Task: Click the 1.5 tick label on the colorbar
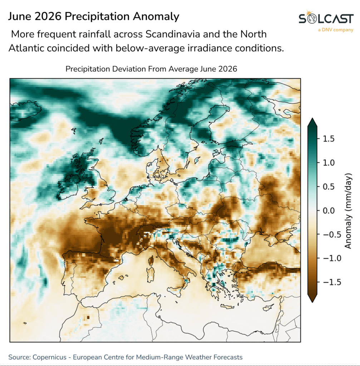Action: coord(329,139)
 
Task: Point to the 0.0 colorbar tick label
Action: coord(329,211)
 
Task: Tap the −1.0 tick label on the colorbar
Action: coord(332,258)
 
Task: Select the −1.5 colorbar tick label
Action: coord(332,282)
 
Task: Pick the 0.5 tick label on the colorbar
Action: coord(329,187)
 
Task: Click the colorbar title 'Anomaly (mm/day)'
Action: coord(348,211)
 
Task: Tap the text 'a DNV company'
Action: coord(335,30)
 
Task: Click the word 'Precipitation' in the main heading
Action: coord(97,16)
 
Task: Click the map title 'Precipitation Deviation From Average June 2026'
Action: coord(151,69)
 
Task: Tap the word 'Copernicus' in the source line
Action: coord(49,357)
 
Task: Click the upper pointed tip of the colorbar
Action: coord(312,118)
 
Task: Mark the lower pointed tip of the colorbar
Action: coord(312,302)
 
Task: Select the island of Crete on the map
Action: coord(227,307)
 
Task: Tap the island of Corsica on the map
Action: coord(151,261)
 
